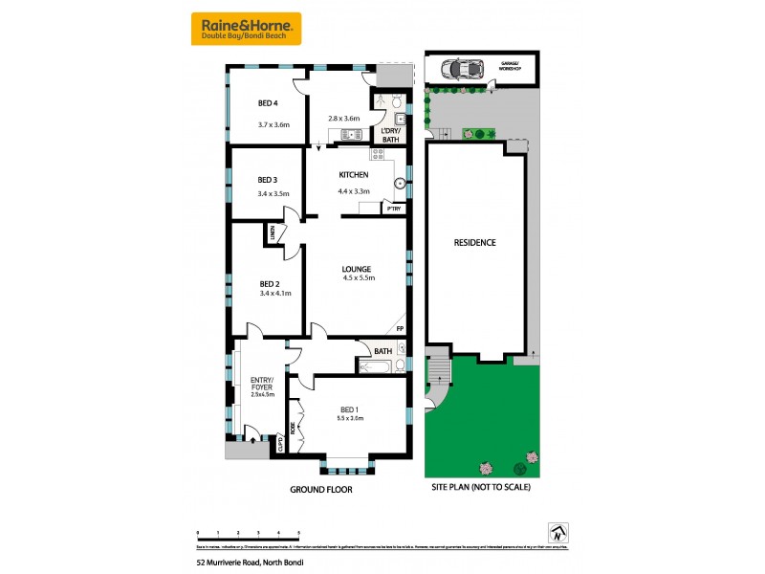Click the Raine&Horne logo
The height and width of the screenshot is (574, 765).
247,29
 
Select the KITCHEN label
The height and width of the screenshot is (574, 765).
353,175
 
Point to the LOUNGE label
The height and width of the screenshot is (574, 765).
357,269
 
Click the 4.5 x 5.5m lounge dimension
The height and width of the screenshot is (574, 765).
358,278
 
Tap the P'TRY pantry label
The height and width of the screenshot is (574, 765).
393,208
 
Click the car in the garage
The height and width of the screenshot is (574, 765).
463,69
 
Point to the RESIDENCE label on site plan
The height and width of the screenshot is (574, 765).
474,242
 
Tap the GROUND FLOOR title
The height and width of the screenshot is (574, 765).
321,489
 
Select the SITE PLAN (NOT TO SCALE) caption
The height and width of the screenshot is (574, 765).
483,488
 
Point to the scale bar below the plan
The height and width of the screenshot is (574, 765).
249,535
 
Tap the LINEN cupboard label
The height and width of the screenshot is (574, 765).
273,232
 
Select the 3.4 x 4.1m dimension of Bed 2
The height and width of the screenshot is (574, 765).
275,293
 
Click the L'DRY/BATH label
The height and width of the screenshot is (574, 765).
390,135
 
